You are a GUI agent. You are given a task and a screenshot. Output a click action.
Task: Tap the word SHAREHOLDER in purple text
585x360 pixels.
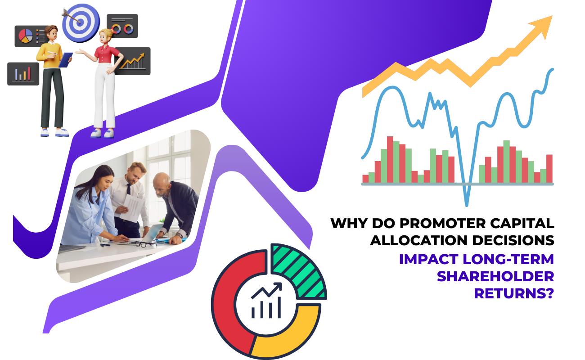495,276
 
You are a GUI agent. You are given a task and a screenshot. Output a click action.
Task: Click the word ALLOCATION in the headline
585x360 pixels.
418,241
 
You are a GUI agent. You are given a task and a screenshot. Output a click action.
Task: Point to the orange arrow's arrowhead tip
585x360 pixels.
552,16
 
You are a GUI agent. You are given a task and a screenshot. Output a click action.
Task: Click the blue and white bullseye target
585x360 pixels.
81,22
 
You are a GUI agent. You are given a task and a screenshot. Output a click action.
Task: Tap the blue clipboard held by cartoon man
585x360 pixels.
65,60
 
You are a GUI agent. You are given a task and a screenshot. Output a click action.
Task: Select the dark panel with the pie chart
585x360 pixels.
31,36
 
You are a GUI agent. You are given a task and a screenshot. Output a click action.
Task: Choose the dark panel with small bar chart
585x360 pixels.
23,74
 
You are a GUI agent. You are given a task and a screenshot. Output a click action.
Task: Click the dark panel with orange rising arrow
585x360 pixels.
133,61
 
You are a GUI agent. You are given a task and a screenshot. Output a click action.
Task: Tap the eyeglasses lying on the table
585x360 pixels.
145,244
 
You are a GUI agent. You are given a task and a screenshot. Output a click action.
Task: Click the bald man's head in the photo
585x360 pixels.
162,184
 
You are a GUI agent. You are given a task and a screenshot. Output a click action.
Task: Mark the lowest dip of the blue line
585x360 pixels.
467,205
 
